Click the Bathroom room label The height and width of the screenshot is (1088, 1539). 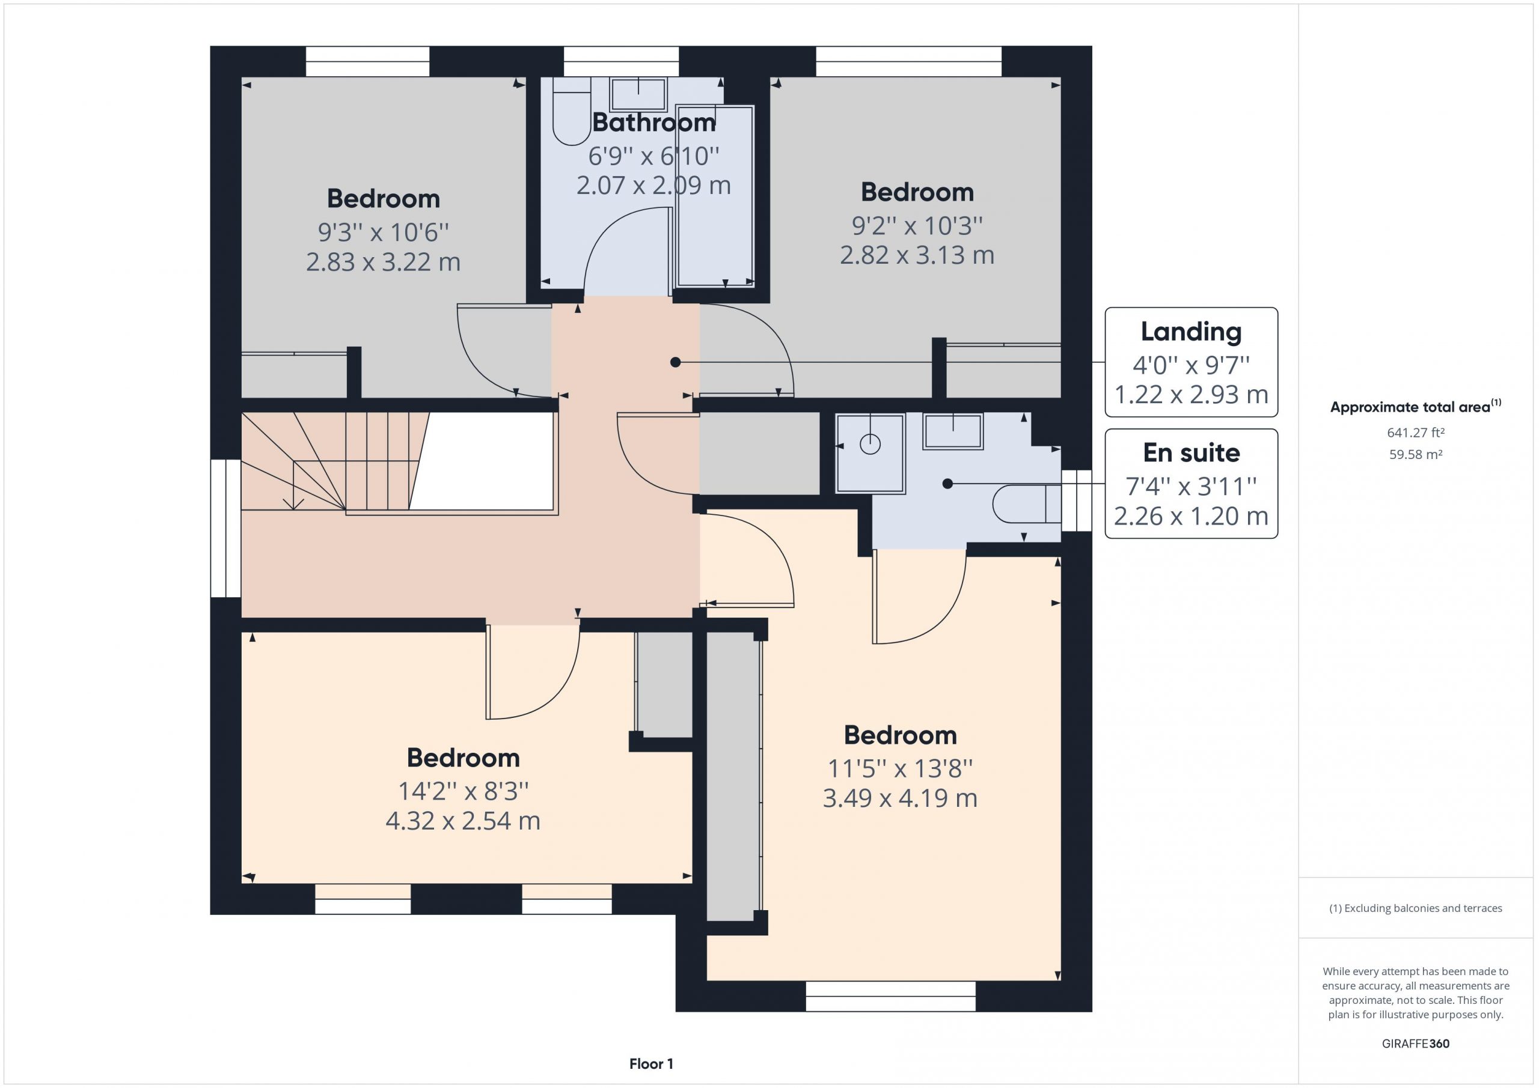[653, 123]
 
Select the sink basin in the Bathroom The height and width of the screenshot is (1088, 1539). [638, 93]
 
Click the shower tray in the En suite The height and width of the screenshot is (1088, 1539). [870, 454]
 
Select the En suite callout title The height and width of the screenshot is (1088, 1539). [1191, 453]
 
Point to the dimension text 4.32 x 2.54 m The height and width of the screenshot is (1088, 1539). [462, 821]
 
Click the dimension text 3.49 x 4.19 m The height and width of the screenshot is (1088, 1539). [899, 798]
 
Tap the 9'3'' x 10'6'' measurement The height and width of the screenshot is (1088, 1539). [383, 232]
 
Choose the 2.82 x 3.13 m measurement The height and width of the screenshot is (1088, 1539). [917, 255]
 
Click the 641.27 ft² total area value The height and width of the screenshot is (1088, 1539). [1415, 433]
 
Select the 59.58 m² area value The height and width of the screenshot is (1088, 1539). [1415, 454]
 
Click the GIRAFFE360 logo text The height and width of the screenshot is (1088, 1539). [1415, 1043]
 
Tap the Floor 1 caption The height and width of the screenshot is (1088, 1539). [651, 1064]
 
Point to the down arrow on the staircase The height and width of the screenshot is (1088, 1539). [293, 496]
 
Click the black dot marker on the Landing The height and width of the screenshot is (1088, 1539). [676, 362]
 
